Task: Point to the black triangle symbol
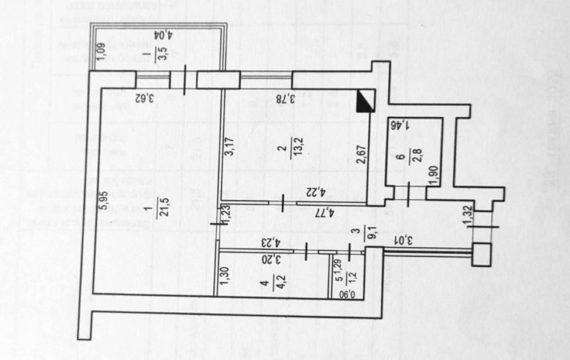(x=365, y=101)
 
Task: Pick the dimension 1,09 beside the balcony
(x=100, y=52)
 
